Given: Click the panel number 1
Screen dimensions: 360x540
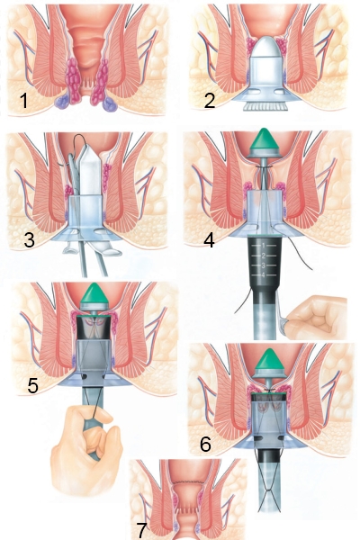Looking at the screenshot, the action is [23, 100].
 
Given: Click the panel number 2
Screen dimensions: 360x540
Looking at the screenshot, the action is [210, 100].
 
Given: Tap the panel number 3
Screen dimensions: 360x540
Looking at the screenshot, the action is [30, 239].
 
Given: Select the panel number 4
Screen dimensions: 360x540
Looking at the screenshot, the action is [209, 240].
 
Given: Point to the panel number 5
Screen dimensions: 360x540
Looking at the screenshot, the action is [32, 385].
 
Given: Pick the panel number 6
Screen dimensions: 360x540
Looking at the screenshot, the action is [205, 445].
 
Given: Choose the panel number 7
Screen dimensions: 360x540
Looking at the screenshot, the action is [141, 531].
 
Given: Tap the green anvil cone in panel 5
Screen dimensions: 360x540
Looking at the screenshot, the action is [94, 292].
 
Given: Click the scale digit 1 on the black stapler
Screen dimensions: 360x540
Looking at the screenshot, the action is [263, 246].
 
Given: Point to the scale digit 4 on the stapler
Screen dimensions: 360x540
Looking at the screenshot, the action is [263, 274].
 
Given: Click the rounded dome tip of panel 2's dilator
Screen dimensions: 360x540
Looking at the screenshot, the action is [268, 47].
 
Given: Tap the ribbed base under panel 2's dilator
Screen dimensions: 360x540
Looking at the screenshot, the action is [265, 106].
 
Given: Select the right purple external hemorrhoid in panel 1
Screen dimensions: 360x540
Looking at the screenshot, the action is [110, 104].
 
